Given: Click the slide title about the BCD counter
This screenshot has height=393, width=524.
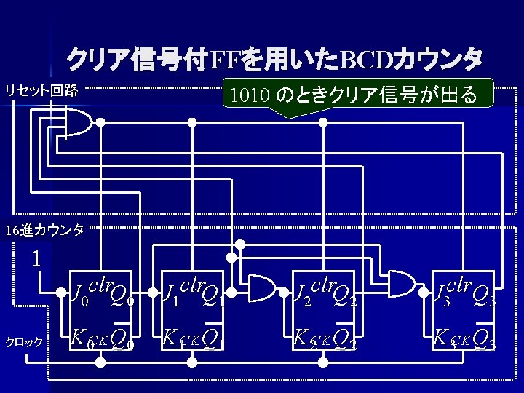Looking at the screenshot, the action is coord(274,57).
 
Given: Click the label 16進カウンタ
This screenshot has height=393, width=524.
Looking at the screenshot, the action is coord(44,231).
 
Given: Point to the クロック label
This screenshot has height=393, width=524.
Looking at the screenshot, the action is coord(25,341).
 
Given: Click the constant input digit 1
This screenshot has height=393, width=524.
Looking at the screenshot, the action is coord(36,258).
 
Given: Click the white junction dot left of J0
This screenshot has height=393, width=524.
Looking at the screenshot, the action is coord(62,293).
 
